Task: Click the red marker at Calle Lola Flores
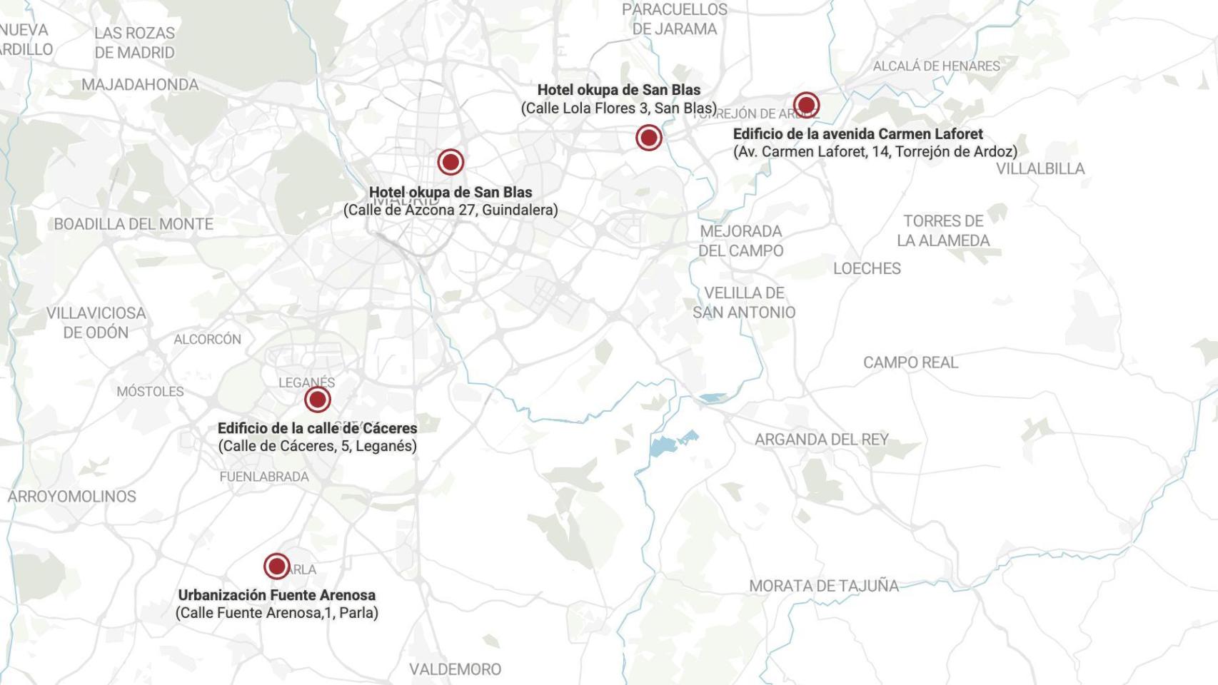(x=648, y=137)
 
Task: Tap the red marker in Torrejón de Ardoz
(x=806, y=106)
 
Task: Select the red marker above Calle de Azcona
(x=451, y=162)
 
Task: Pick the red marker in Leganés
(x=317, y=400)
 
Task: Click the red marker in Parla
(x=276, y=567)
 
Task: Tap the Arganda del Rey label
(x=821, y=440)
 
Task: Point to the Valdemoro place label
(x=455, y=669)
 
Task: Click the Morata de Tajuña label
(x=823, y=586)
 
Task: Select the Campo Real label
(x=910, y=362)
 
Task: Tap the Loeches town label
(x=867, y=268)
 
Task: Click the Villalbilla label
(x=1040, y=168)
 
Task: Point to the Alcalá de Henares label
(x=935, y=66)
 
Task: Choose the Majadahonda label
(x=140, y=85)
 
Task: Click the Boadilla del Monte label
(x=134, y=224)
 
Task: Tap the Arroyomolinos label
(x=71, y=497)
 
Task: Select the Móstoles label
(x=150, y=392)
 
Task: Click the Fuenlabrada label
(x=264, y=477)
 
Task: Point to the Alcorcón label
(x=207, y=340)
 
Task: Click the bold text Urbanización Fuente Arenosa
(x=276, y=595)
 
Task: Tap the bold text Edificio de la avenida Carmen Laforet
(x=857, y=134)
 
